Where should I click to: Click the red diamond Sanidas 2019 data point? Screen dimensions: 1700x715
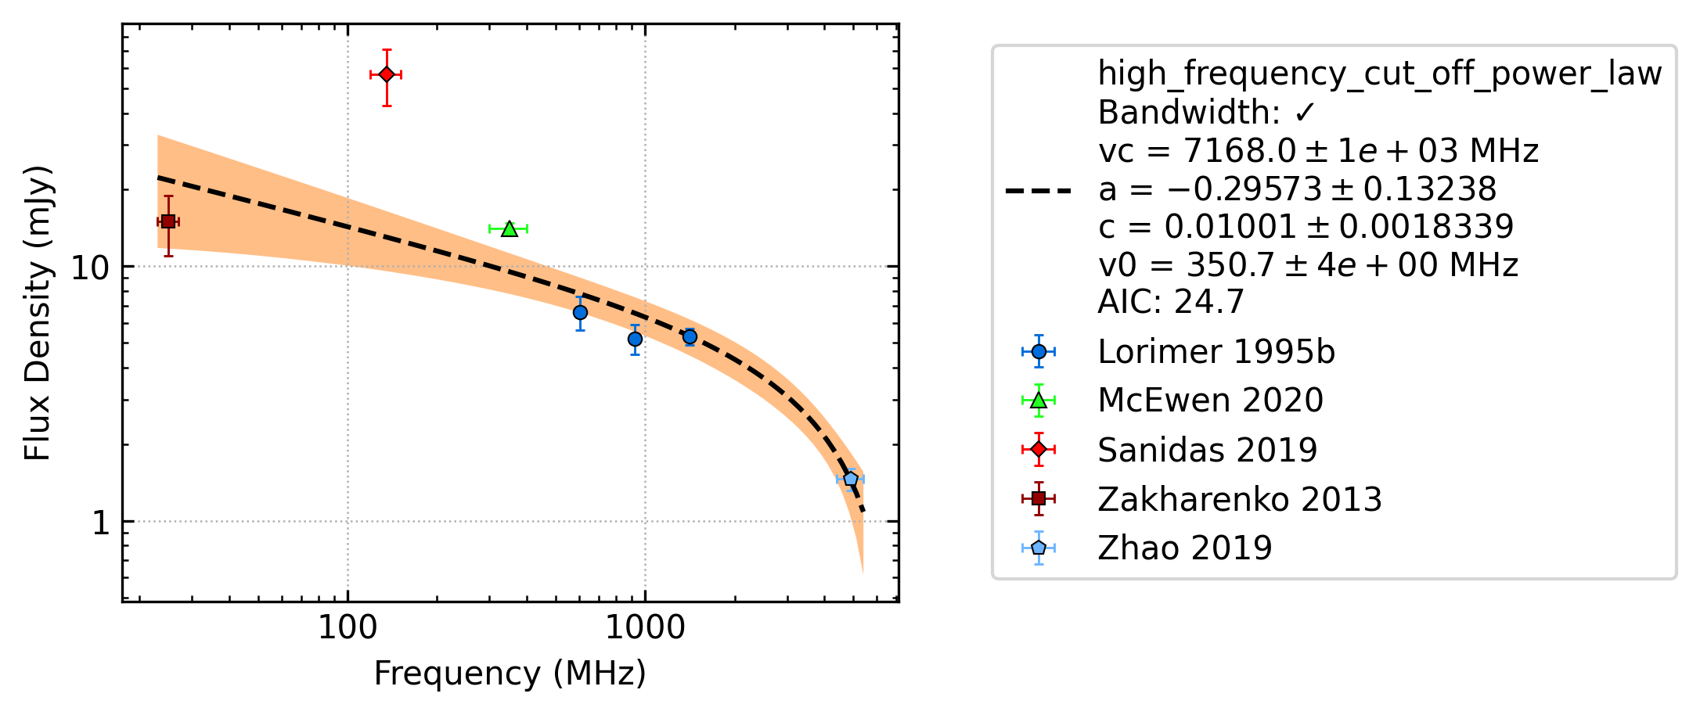point(386,74)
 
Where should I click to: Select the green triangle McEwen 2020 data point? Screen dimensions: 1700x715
point(510,228)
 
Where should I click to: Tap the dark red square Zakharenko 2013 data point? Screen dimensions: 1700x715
point(168,222)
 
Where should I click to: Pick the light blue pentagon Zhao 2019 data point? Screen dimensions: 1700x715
point(851,479)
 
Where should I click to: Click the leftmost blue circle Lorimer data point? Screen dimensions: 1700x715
point(580,313)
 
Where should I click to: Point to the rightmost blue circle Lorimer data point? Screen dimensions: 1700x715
point(690,337)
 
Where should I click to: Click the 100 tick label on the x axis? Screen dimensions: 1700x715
point(348,627)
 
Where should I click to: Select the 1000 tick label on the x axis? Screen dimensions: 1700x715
point(645,627)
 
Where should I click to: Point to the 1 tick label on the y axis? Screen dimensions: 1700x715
point(101,522)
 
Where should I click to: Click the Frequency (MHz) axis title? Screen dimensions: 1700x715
point(510,674)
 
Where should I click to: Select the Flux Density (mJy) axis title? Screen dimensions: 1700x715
point(38,313)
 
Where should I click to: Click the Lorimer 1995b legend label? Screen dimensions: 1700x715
point(1216,352)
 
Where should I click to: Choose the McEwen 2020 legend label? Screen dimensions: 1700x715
point(1210,401)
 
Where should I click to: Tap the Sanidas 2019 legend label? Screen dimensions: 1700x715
point(1208,450)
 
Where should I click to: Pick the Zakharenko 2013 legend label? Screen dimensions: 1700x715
point(1240,499)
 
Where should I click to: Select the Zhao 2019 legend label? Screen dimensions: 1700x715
point(1185,548)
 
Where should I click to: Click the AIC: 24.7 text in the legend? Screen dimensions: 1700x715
point(1171,301)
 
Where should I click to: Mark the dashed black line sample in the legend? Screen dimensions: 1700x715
point(1039,190)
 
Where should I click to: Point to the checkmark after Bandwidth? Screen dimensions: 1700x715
point(1305,113)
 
